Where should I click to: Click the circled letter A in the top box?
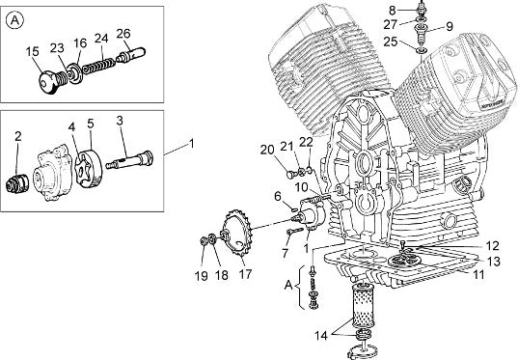(14, 20)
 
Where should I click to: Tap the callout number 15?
(32, 51)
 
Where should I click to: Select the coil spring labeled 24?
(98, 64)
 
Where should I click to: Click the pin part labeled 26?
(130, 55)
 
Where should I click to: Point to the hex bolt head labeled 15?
(46, 83)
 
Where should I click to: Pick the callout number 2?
(18, 136)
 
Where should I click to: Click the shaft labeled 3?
(129, 160)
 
